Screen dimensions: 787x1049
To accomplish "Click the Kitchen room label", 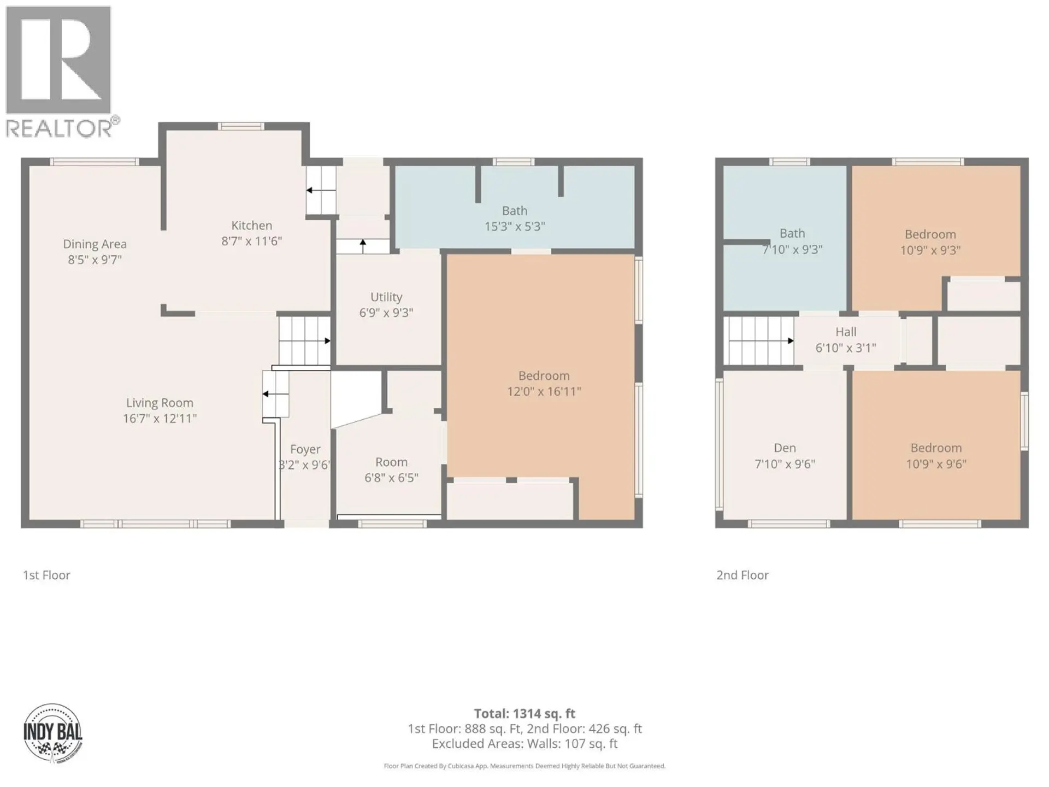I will point(251,225).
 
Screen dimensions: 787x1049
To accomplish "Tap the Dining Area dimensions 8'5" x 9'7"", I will point(95,260).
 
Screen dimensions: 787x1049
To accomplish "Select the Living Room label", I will point(160,403).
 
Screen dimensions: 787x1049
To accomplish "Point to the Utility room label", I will point(386,297).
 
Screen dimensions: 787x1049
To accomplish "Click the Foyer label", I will point(305,449).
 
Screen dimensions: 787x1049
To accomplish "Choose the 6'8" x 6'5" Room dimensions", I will point(391,478).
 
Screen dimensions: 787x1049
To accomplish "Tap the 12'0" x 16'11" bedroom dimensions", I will point(544,391).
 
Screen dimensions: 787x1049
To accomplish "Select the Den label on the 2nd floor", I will point(785,448).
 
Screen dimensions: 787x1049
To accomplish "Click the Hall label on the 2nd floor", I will point(846,332).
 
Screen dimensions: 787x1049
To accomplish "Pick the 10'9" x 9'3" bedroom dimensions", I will point(930,250).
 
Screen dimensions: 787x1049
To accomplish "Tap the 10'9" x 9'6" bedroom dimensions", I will point(936,464).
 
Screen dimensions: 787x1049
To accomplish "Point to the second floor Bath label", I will point(792,233).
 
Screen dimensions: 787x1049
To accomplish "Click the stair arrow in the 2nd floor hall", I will point(790,341).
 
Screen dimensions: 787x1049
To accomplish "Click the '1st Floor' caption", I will point(46,575).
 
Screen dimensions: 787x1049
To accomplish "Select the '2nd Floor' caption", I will point(742,575).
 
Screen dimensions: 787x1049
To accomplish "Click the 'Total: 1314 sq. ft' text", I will point(524,713).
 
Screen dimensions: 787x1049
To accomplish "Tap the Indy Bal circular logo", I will point(53,733).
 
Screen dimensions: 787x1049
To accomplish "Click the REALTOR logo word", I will point(59,129).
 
